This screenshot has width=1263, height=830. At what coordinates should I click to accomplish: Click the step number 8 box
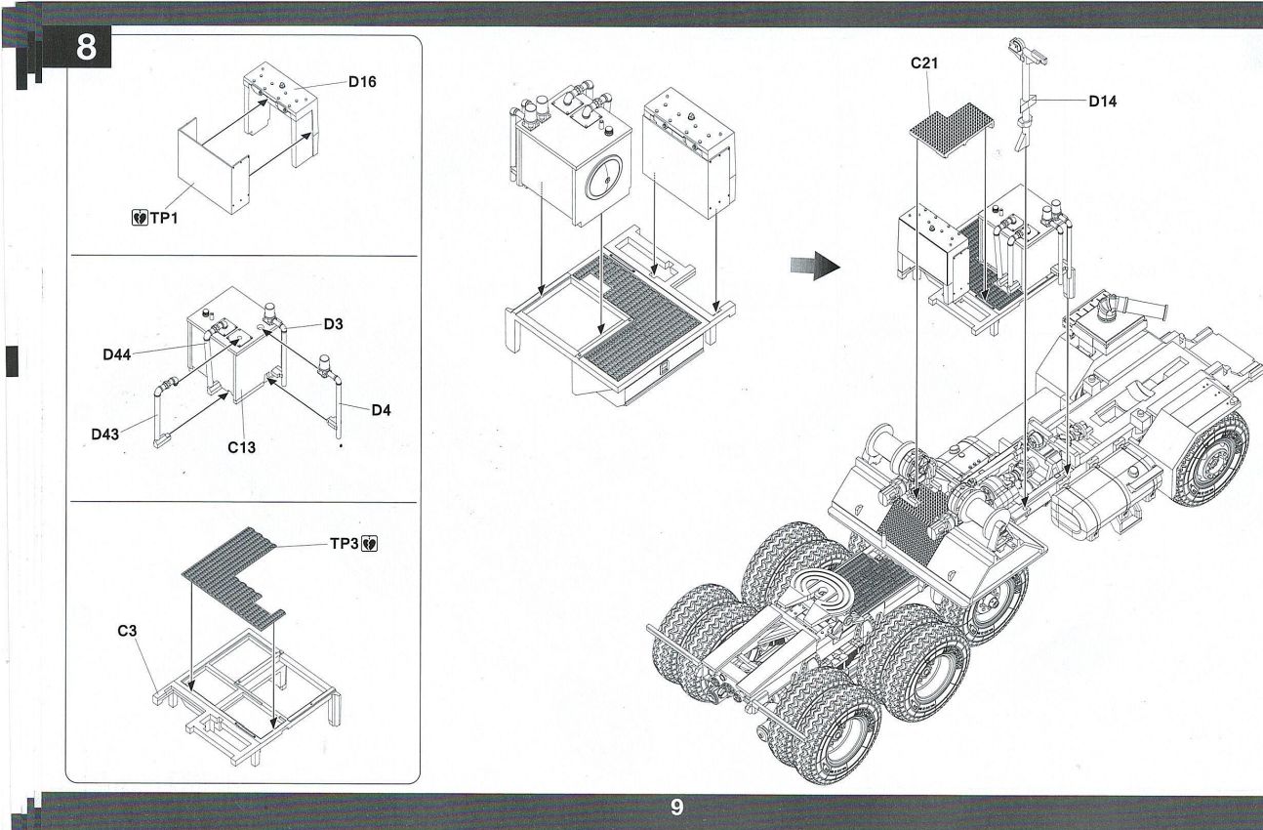86,49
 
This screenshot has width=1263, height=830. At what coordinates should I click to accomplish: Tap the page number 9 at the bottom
676,808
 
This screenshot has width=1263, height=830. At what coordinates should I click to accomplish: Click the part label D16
362,82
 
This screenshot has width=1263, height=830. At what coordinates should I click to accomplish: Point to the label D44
118,354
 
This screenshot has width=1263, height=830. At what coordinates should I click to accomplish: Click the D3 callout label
334,324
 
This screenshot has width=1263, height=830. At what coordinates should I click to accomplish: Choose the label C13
241,448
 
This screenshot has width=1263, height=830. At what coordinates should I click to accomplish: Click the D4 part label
381,410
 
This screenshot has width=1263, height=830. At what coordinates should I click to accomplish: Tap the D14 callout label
1103,101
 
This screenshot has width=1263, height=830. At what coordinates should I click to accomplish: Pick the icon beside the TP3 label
370,541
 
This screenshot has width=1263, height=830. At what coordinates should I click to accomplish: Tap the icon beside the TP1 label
138,217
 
